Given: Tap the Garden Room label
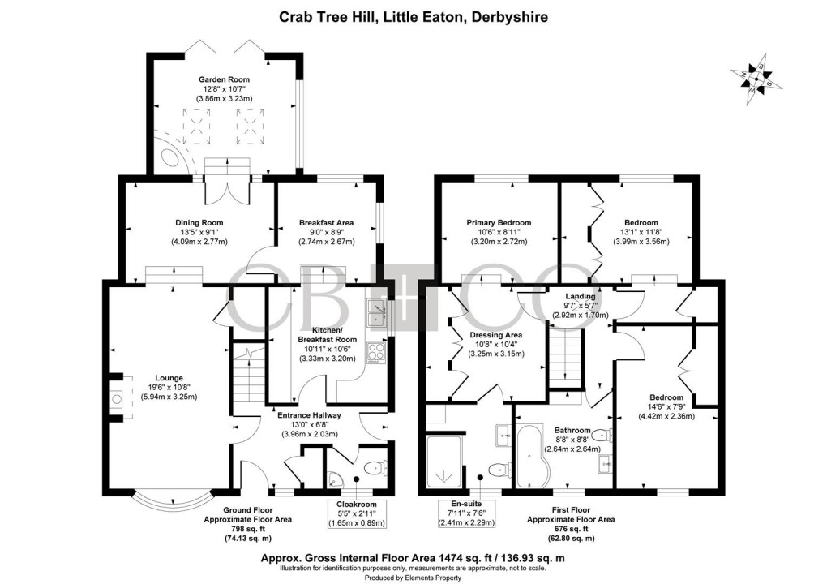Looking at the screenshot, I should coord(224,79).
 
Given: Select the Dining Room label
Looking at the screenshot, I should coord(199,222).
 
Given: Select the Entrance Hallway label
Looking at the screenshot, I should coord(315,414).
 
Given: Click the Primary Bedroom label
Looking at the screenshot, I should coord(498,222).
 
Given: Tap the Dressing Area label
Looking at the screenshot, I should coord(495,334).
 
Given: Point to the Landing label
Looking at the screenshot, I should coord(581,297).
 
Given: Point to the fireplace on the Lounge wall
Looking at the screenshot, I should coord(116,397).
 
